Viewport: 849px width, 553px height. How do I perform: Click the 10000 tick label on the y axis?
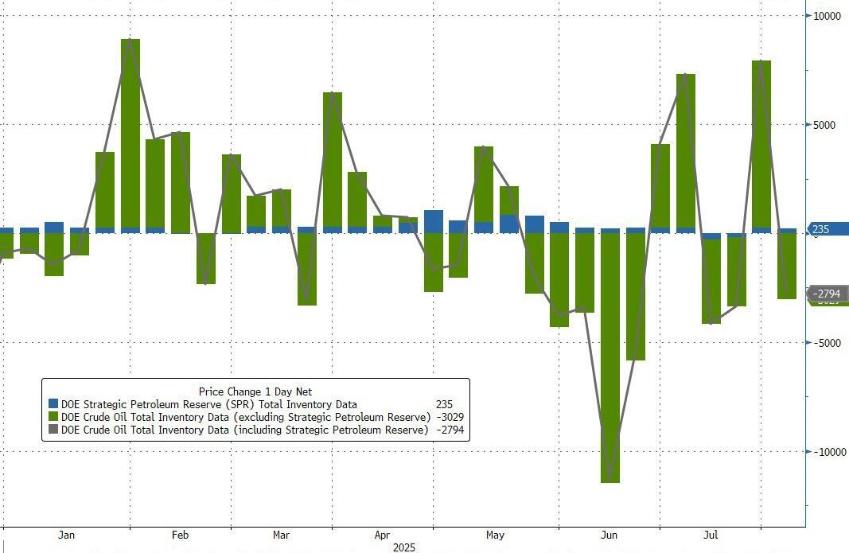828,15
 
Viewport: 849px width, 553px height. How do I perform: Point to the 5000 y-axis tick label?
826,125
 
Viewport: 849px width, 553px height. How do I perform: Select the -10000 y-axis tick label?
828,452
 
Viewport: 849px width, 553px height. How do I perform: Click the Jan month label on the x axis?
67,535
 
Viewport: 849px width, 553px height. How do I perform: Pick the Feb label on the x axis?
179,535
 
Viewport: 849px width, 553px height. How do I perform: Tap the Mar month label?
280,535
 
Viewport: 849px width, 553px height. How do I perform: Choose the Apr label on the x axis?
382,535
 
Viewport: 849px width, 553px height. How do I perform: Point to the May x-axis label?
495,535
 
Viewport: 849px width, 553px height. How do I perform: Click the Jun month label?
609,535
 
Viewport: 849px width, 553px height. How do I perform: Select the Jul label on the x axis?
711,535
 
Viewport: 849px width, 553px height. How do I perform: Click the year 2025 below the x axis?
404,547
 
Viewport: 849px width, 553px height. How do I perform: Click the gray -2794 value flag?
828,294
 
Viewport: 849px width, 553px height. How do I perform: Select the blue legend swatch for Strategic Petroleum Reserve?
53,404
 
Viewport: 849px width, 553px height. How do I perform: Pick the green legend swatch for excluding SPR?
53,417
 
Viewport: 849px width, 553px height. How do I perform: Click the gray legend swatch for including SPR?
53,430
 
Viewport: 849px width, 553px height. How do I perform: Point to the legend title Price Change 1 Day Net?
255,391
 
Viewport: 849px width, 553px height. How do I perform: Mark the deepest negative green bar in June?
610,358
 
